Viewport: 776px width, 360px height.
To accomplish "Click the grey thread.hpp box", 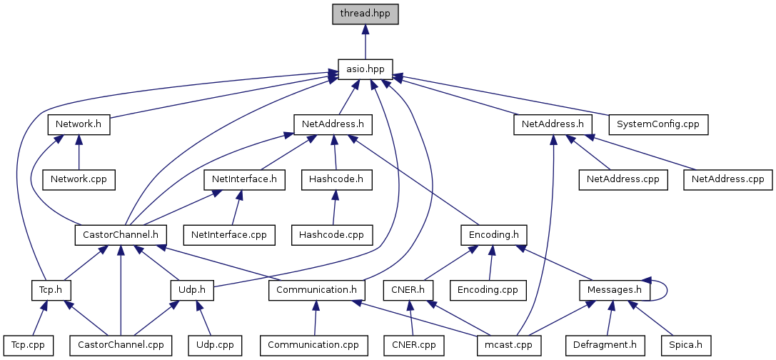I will [x=365, y=14].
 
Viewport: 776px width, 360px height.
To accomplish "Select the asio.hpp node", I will [x=365, y=69].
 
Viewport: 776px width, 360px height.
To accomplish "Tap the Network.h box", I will [x=79, y=124].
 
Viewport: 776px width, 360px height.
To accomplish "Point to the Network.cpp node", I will [x=79, y=179].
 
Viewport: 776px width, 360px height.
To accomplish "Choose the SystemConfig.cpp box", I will [x=657, y=124].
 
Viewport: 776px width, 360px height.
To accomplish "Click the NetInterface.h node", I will [x=244, y=179].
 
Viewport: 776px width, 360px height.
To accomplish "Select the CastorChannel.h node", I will [x=121, y=234].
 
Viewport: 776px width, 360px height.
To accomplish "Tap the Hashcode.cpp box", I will [x=331, y=234].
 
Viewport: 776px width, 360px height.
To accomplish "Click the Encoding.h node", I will [x=493, y=234].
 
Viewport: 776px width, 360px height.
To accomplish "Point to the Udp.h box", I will [x=192, y=290].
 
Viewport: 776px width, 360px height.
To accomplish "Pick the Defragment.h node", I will [x=605, y=345].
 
